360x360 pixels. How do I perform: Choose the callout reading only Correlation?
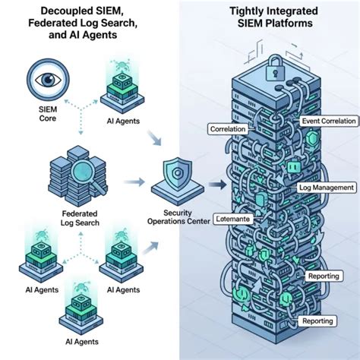pyautogui.click(x=228, y=130)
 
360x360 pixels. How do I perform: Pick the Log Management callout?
pyautogui.click(x=327, y=187)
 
